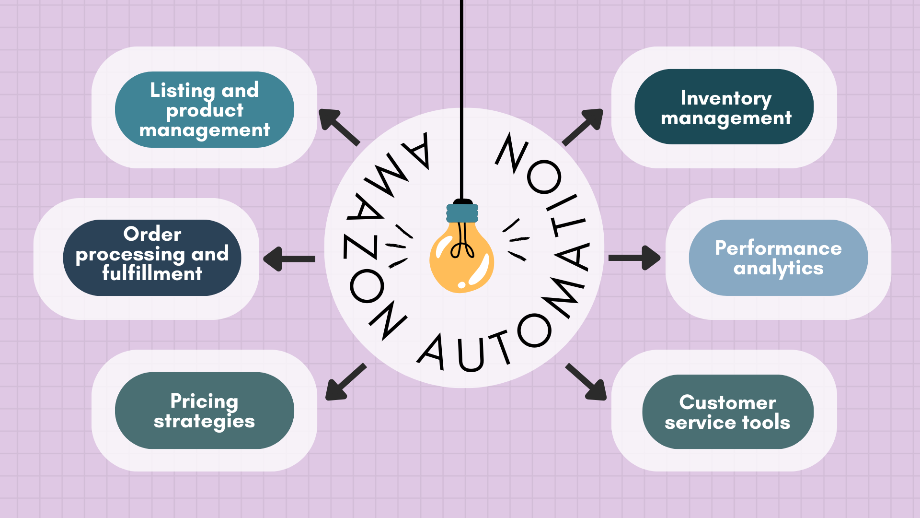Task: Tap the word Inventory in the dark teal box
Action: click(726, 98)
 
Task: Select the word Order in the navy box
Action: click(152, 234)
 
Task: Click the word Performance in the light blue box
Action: click(778, 248)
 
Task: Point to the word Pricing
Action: click(204, 401)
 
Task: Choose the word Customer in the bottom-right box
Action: click(727, 402)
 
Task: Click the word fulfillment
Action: click(152, 273)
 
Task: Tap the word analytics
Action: click(778, 268)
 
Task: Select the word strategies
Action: click(204, 422)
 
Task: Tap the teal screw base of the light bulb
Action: click(462, 213)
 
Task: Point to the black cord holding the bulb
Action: click(461, 96)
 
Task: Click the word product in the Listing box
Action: click(205, 111)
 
